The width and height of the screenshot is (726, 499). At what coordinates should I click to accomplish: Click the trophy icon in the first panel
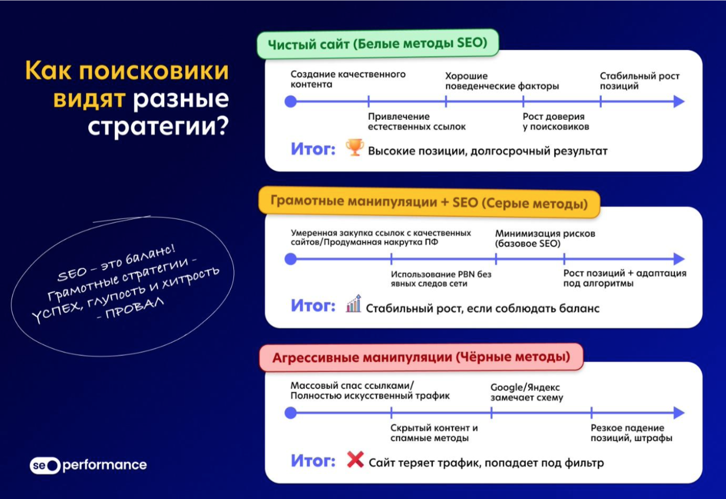pos(355,147)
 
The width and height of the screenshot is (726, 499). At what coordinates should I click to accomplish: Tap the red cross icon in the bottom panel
pos(355,459)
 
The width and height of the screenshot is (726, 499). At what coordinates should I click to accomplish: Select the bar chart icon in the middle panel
pos(354,303)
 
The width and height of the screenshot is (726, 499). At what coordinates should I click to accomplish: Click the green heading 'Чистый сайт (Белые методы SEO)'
pos(377,44)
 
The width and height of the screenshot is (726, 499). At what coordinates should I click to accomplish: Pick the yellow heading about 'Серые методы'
pos(429,202)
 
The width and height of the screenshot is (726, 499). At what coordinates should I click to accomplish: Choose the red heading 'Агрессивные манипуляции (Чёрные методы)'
pos(421,357)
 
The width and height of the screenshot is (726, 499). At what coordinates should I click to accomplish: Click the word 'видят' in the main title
pos(89,99)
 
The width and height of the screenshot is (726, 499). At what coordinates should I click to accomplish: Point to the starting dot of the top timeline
pos(291,101)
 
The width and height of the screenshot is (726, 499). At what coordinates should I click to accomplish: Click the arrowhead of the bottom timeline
pos(678,413)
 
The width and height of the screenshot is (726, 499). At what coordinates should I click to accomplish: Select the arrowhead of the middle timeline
pos(678,259)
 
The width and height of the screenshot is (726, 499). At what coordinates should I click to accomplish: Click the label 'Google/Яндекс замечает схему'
pos(527,392)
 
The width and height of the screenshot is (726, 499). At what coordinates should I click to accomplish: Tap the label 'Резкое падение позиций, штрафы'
pos(632,433)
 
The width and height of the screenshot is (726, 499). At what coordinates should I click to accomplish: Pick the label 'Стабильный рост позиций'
pos(639,81)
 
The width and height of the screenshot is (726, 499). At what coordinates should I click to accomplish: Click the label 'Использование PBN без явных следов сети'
pos(441,279)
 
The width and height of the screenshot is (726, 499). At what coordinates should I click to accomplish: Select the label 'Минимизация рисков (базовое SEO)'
pos(545,238)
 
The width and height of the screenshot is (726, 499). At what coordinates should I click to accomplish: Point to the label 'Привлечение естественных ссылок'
pos(417,121)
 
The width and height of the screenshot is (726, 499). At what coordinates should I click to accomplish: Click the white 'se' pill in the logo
pos(45,465)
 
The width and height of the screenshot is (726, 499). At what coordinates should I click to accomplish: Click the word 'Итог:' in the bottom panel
pos(313,460)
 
